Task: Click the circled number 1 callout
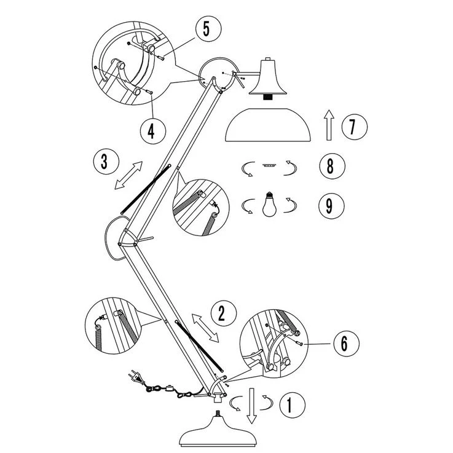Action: (293, 405)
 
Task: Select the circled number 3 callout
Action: (105, 162)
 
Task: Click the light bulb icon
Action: (269, 205)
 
